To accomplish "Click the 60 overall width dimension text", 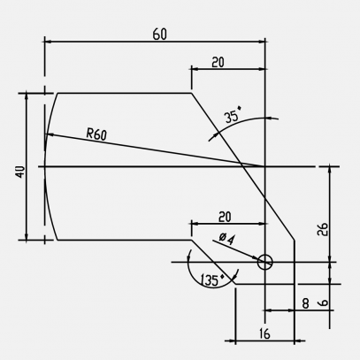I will [x=160, y=34].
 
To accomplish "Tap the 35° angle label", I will [x=233, y=116].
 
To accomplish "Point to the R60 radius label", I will [x=96, y=134].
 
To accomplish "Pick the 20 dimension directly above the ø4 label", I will [x=224, y=217].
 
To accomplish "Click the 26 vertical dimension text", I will [x=323, y=228].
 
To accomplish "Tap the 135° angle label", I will [x=211, y=280].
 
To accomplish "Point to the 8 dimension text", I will [x=305, y=303].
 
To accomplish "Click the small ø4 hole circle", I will [x=265, y=262].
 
